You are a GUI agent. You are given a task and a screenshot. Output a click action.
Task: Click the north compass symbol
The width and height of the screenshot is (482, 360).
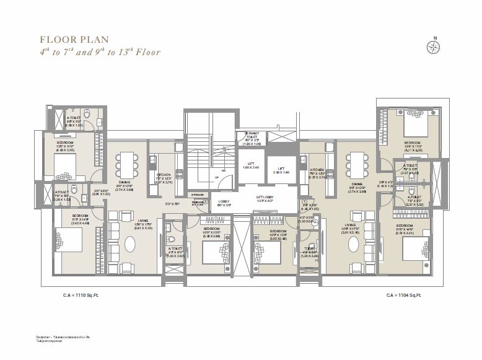[x=434, y=46]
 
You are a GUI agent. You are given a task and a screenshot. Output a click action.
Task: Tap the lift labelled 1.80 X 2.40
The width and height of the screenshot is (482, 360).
[x=251, y=167]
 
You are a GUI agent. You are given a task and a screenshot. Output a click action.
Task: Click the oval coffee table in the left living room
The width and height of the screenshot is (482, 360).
[x=129, y=244]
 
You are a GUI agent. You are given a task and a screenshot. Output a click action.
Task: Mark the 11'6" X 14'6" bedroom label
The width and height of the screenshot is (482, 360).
[x=406, y=227]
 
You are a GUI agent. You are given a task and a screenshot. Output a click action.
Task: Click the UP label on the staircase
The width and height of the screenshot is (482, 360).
[x=216, y=177]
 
